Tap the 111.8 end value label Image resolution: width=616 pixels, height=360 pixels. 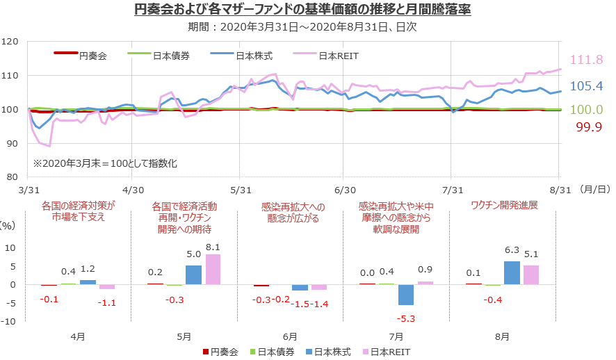(586, 60)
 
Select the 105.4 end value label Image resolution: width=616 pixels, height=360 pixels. (586, 86)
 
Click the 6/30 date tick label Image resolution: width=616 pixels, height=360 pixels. (345, 189)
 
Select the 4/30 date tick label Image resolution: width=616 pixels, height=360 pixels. (132, 189)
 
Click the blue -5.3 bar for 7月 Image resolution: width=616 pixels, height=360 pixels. (405, 295)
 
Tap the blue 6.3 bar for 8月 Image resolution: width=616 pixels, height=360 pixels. (512, 272)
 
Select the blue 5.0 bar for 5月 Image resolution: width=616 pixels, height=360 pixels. (193, 275)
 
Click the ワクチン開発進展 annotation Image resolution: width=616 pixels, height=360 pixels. (504, 205)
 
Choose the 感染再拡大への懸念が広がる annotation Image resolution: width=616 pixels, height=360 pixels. (292, 212)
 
